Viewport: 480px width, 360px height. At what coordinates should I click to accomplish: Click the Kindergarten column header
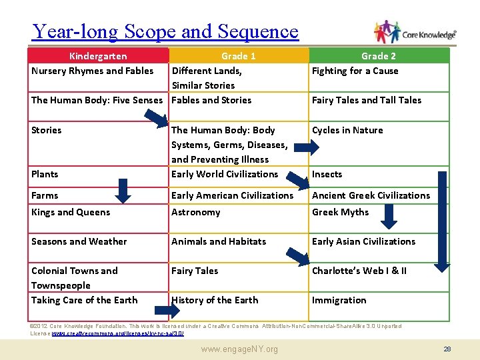pos(98,56)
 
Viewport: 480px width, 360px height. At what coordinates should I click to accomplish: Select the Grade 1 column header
pos(238,56)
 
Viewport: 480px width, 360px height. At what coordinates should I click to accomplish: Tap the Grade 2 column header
pos(378,56)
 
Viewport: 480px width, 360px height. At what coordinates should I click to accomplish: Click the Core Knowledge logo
pos(415,33)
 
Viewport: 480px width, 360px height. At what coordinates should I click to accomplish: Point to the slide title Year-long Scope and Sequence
pos(165,31)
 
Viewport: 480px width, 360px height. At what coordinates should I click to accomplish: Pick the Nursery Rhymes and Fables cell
pos(92,71)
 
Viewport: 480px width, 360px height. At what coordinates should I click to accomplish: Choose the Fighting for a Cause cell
pos(355,71)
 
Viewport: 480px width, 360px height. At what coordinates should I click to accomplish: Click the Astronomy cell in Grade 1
pos(195,212)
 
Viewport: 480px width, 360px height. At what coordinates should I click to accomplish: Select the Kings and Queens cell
pos(70,212)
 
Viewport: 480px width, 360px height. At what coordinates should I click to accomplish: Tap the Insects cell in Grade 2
pos(327,174)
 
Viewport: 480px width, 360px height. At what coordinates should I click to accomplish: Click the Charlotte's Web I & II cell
pos(359,271)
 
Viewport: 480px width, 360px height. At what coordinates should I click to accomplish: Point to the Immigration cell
pos(339,300)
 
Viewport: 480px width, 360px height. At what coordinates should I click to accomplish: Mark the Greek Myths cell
pos(340,212)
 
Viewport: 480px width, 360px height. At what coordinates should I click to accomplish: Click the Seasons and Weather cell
pos(79,241)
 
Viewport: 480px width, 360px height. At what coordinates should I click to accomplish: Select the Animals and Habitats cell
pos(218,241)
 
